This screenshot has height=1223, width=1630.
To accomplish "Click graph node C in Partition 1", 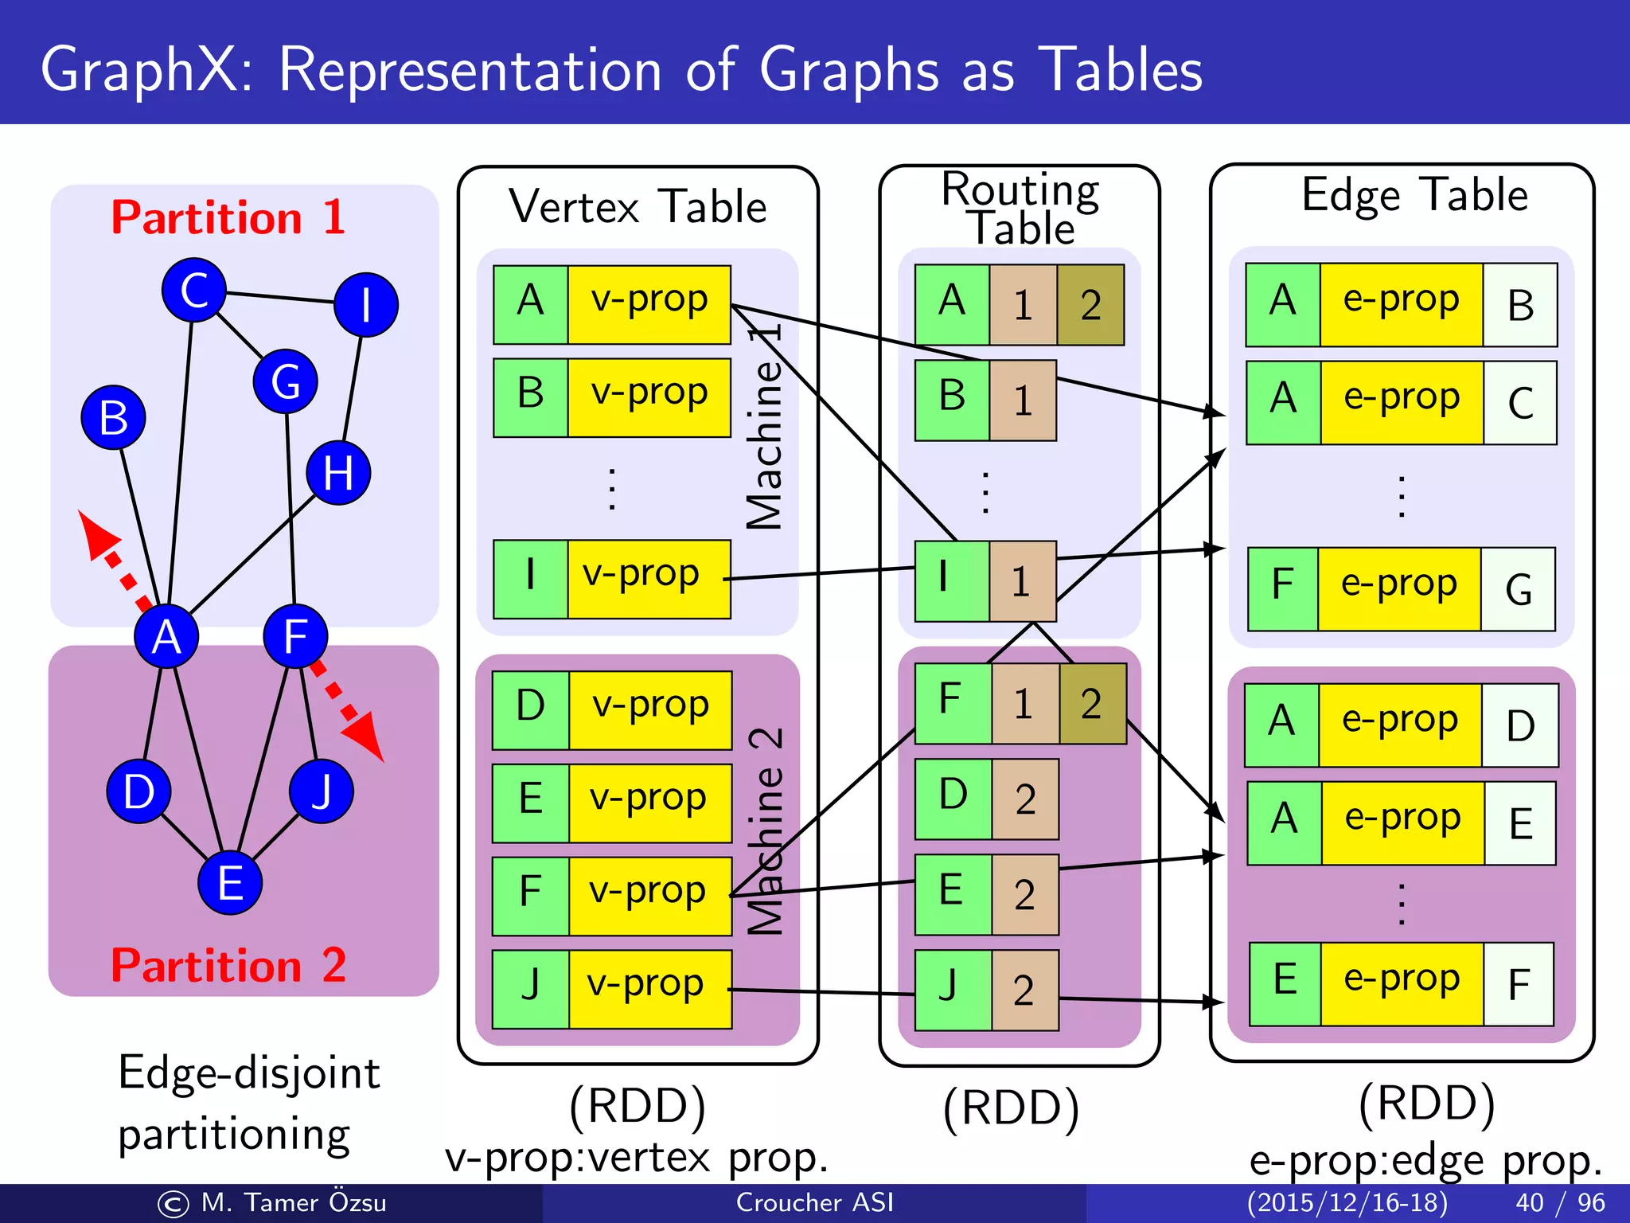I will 193,290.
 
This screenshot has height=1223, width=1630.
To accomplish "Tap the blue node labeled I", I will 366,305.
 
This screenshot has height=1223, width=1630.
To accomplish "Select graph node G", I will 286,381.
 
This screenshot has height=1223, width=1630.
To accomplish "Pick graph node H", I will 338,473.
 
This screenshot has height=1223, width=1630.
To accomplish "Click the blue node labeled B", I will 113,417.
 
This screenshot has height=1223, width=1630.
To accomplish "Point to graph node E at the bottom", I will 230,882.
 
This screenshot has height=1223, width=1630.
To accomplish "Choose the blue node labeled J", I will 321,791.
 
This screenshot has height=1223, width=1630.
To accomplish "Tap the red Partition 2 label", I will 228,965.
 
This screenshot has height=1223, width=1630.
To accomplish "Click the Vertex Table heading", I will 638,207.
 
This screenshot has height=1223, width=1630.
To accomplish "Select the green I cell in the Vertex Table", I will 530,579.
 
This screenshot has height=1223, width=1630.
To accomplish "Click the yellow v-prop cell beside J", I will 649,989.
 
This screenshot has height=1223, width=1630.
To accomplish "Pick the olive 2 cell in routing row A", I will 1090,305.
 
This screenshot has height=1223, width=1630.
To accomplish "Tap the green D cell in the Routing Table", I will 953,799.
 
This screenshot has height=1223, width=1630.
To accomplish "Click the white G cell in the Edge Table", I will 1518,589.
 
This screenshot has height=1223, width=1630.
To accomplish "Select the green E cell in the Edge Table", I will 1285,984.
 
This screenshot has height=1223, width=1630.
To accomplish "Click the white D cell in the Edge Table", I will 1519,725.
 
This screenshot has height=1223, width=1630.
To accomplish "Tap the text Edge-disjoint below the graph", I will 249,1072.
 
